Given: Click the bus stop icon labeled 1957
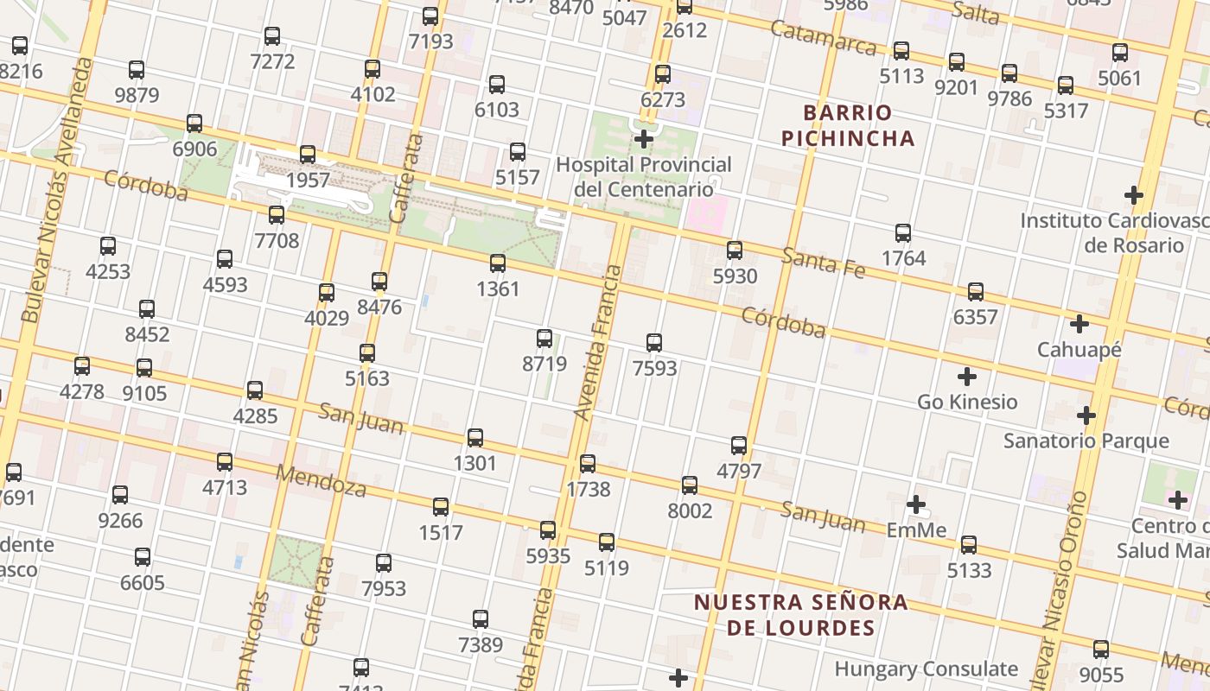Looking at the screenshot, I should coord(308,155).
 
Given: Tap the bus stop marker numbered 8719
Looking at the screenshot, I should coord(544,339).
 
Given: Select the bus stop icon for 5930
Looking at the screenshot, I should coord(735,250).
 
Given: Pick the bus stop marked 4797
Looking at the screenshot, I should coord(739,446).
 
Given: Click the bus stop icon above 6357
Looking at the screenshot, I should coord(976,292).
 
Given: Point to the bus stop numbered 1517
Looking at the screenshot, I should coord(441,507).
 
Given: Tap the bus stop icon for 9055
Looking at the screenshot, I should coord(1101,650).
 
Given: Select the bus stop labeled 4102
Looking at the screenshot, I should coord(373,69).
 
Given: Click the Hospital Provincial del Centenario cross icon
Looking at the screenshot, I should coord(644,139).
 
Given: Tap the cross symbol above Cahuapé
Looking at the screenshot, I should coord(1079,325).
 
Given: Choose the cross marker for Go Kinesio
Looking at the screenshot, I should coord(967,377).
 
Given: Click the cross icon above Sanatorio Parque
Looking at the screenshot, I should coord(1086,416).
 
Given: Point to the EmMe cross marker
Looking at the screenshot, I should coord(916,504).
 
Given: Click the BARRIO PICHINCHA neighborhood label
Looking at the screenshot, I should coord(847,125).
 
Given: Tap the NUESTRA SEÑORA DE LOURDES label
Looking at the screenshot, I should coord(801,614).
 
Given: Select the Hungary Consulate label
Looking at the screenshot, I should coord(926,669).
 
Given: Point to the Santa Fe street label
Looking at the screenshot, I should coord(823,262).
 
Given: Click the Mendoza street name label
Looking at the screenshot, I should coord(321,481).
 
